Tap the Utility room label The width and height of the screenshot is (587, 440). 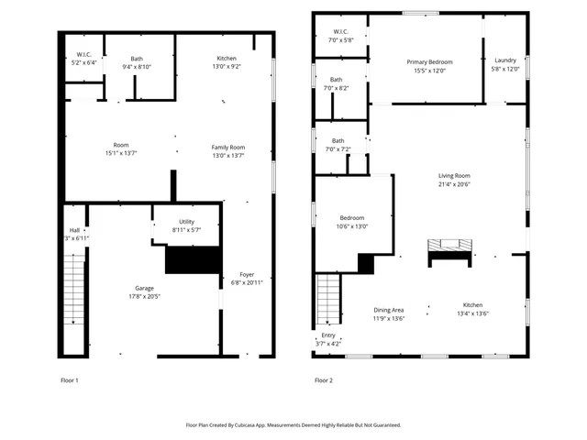click(186, 222)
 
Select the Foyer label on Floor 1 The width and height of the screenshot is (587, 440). click(247, 274)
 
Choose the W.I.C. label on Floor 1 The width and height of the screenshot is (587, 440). click(83, 54)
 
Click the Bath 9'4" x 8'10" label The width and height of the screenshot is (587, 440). click(137, 59)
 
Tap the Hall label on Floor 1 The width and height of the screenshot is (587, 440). click(74, 230)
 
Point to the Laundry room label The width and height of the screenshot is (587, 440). click(505, 61)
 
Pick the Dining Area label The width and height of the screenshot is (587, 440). click(389, 310)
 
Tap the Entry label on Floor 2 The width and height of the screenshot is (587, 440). click(328, 335)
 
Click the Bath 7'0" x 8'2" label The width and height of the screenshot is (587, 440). click(337, 80)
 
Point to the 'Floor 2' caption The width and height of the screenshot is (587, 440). click(323, 379)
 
